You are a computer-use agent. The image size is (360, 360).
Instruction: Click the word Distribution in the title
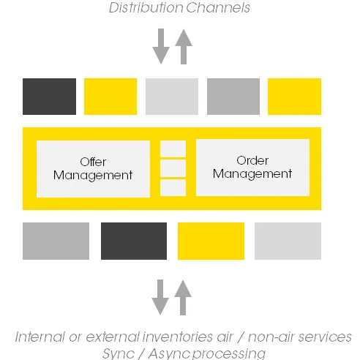(x=146, y=7)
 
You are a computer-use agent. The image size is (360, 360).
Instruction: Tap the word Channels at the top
(x=218, y=7)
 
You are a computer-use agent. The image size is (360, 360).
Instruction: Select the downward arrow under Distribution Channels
(x=161, y=46)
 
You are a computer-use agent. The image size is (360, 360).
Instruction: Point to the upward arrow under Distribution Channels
(x=184, y=47)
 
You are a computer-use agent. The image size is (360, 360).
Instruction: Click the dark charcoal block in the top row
(x=49, y=97)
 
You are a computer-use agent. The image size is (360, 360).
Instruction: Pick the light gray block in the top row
(x=172, y=97)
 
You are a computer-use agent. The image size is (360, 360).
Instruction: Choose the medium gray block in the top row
(x=233, y=97)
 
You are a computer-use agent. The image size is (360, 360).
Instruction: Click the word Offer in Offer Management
(x=93, y=162)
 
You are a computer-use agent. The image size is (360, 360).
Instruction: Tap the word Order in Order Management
(x=252, y=160)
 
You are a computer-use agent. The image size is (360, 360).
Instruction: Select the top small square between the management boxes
(x=173, y=149)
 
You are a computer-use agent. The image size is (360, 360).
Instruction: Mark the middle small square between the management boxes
(x=173, y=168)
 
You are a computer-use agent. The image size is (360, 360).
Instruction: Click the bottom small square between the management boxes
(x=173, y=187)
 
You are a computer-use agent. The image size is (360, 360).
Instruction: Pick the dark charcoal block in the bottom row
(x=134, y=241)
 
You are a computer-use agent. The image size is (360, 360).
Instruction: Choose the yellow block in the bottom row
(x=211, y=241)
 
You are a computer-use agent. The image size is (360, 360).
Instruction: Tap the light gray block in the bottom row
(x=288, y=241)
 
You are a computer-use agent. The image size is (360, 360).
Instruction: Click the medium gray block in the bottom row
(x=56, y=241)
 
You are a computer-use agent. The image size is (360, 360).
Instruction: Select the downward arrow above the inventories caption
(x=160, y=297)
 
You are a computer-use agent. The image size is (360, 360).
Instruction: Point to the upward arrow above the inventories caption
(x=183, y=298)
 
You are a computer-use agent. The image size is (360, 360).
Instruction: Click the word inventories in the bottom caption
(x=178, y=337)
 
